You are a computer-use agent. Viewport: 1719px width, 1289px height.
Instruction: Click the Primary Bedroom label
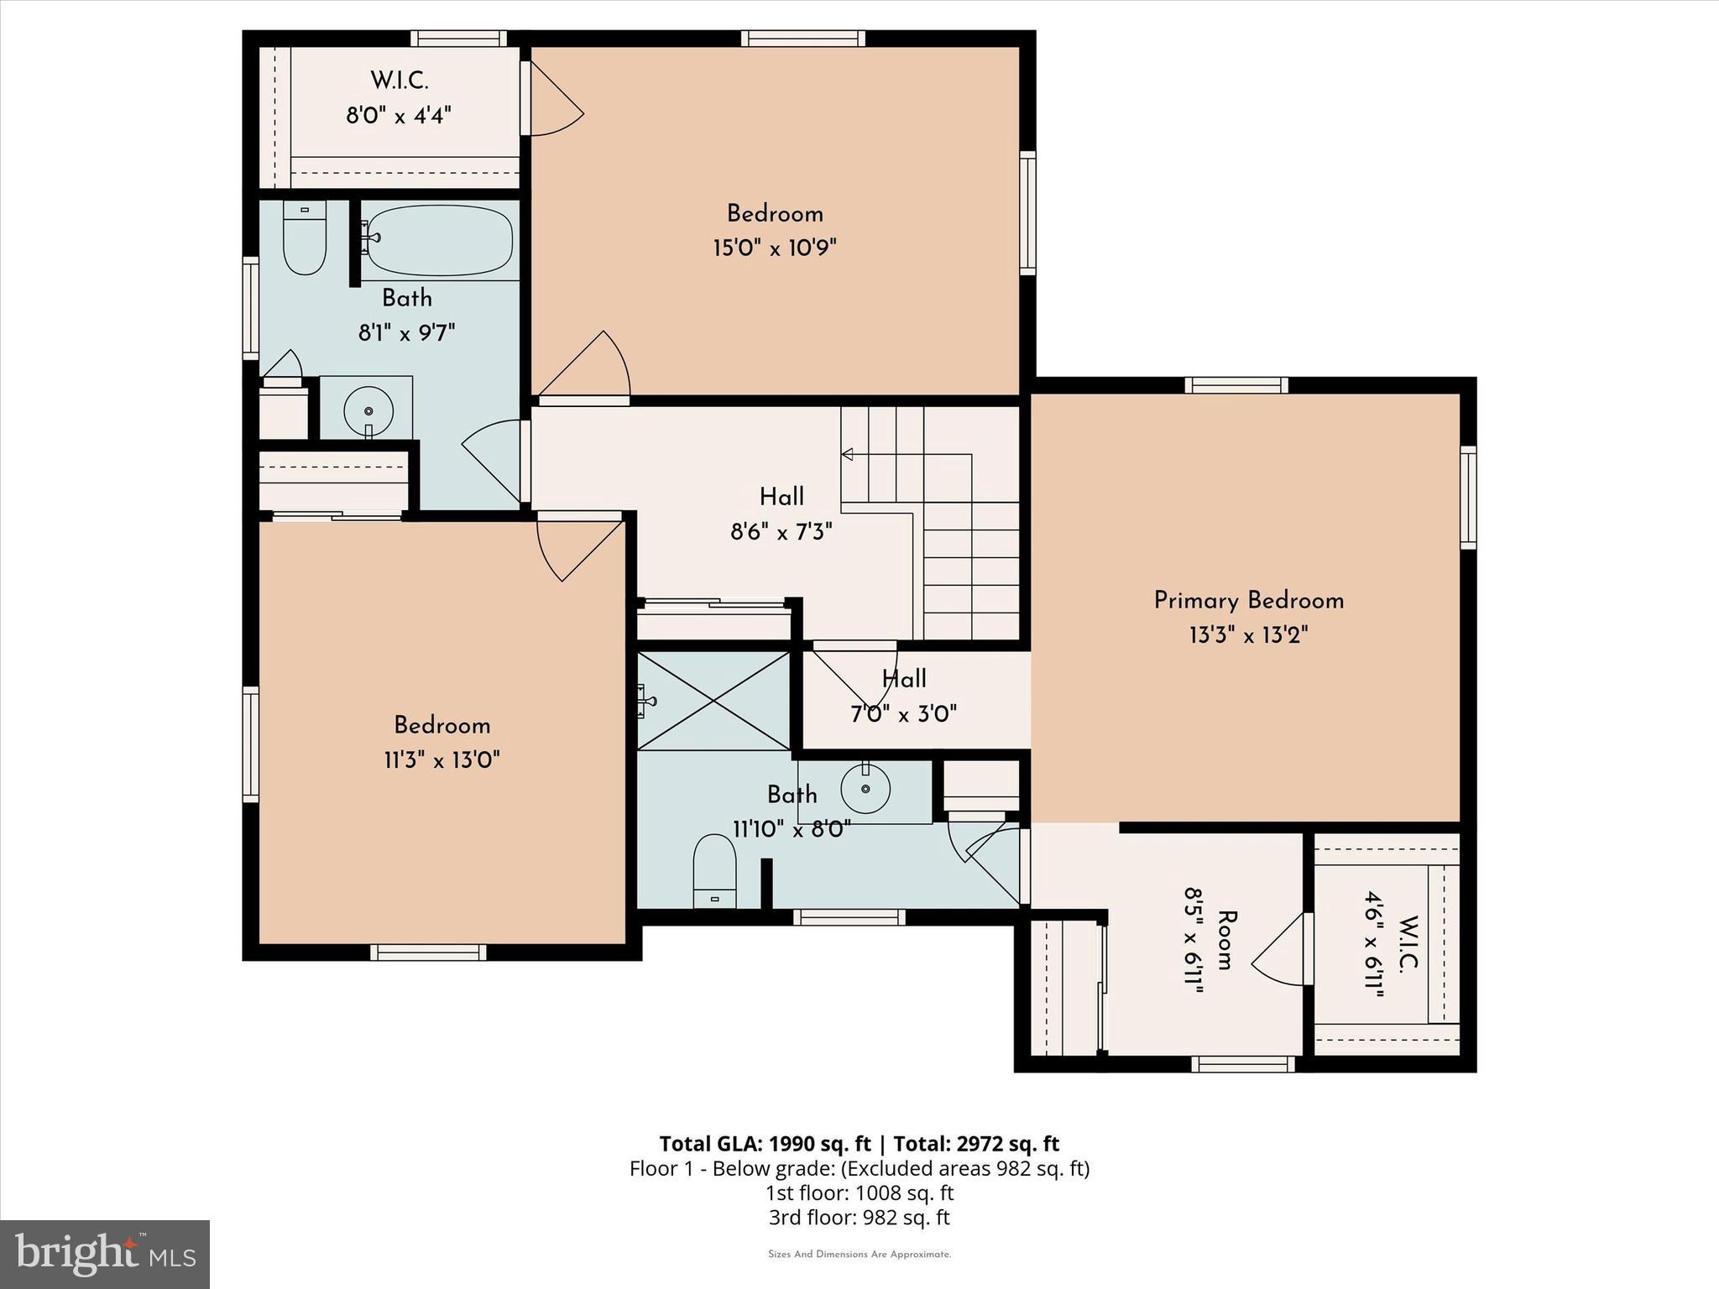coord(1248,601)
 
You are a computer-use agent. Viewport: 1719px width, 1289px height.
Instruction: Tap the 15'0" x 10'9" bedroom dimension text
coord(775,248)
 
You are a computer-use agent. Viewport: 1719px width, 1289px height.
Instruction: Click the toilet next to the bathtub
coord(304,238)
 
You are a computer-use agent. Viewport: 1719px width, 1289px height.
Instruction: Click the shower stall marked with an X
coord(713,702)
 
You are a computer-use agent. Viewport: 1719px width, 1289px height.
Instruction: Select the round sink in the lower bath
coord(865,789)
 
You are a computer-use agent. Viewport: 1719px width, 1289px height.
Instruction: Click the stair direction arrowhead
coord(848,454)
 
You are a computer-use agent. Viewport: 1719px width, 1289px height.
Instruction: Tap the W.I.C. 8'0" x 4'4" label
coord(400,98)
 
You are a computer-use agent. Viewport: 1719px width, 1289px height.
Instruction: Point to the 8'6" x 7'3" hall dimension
coord(781,532)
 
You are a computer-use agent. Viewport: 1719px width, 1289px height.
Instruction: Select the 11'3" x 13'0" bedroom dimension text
coord(442,760)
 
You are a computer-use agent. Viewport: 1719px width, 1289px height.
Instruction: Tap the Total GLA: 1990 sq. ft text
coord(766,1144)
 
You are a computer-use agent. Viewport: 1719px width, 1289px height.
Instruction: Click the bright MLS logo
coord(105,1255)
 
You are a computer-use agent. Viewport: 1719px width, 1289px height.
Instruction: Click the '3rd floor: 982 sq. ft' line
coord(859,1217)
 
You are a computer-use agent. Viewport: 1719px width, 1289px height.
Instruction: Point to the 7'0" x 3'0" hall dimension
coord(903,714)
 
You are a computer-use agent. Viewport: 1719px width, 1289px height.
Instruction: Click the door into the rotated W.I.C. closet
coord(1280,948)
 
